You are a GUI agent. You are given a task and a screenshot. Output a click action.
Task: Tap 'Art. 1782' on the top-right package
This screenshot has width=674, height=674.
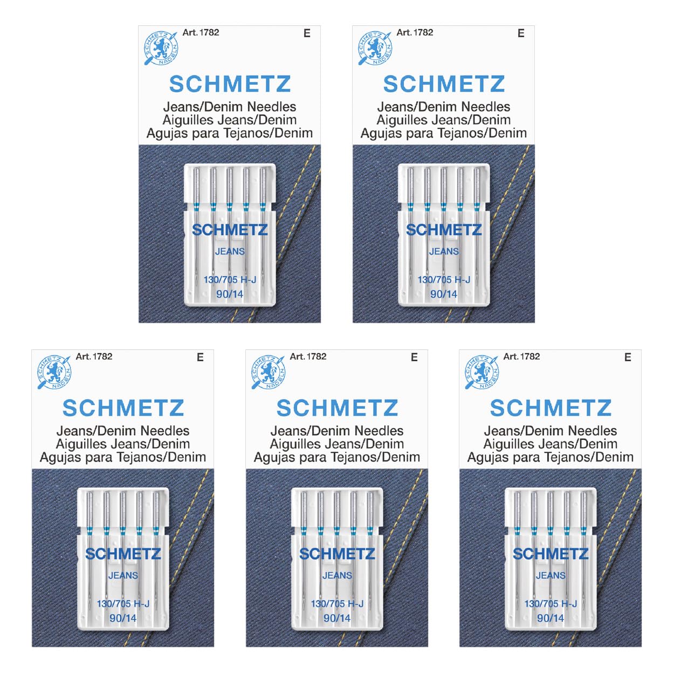pos(415,32)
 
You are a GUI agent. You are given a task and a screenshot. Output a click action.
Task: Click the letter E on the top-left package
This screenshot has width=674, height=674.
pos(307,33)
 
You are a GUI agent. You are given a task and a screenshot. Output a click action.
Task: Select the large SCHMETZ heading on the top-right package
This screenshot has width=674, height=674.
pos(444,84)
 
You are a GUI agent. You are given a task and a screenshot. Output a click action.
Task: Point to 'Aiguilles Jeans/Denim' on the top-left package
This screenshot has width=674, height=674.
pos(230,120)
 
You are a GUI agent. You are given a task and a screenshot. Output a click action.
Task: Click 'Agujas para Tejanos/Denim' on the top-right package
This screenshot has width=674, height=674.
pos(444,133)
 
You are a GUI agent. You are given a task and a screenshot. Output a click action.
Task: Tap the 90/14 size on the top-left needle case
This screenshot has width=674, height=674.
pos(230,294)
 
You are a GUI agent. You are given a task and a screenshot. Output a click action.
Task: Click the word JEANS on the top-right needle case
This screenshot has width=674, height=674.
pos(444,251)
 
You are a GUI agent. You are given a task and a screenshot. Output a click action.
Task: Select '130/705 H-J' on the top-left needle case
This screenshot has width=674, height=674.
pos(230,279)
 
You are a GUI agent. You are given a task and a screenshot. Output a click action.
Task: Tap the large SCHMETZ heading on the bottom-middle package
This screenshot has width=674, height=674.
pos(337,408)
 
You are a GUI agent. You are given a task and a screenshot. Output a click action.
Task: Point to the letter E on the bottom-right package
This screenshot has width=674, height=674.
pos(628,357)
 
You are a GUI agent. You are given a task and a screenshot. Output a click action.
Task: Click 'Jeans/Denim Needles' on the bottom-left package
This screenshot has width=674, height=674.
pos(123,431)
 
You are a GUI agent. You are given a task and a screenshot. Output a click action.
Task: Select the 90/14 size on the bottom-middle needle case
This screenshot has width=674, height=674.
pos(337,618)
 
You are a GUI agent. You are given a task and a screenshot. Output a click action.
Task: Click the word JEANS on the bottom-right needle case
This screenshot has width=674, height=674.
pos(551,575)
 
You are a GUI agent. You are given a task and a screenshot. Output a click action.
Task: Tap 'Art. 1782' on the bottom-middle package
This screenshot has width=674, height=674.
pos(308,356)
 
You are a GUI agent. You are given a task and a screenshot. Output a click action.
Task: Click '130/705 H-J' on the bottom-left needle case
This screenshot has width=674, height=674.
pos(123,603)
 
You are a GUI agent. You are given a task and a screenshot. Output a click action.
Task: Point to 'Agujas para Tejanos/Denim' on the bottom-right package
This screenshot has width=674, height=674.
pos(551,457)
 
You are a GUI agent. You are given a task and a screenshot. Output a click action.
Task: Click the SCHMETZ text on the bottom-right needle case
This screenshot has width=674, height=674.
pos(551,554)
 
